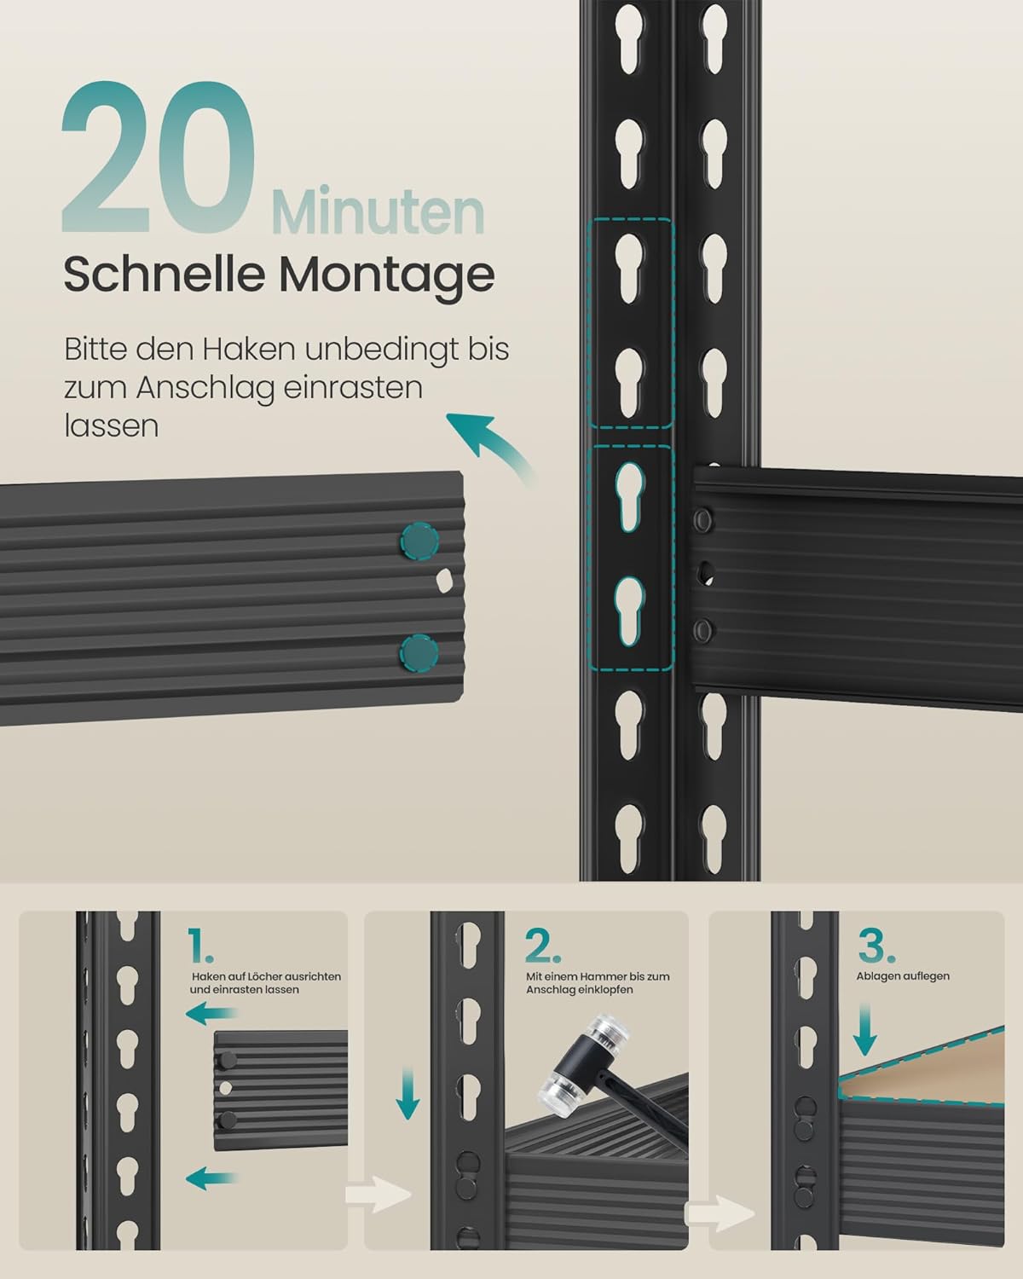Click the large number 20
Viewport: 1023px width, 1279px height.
coord(159,157)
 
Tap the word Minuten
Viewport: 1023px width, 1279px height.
coord(378,211)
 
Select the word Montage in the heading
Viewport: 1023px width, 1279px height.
coord(386,275)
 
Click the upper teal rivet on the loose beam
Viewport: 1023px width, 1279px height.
coord(419,541)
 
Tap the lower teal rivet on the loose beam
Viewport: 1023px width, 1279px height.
coord(419,652)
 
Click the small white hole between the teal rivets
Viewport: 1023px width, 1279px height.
coord(444,580)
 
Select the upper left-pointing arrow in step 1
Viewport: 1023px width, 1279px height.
coord(211,1013)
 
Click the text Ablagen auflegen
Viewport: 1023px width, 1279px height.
coord(902,976)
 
